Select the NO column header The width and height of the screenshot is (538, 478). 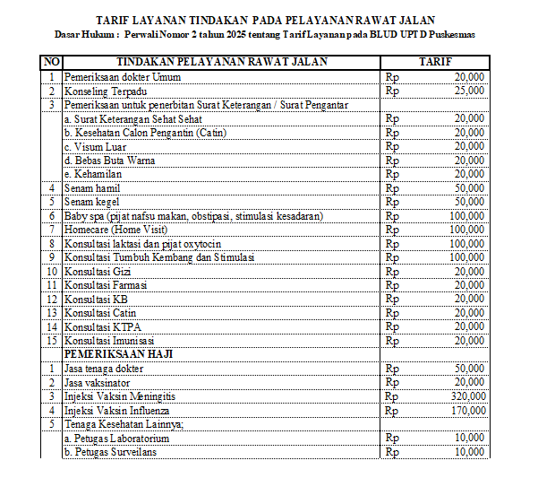(52, 62)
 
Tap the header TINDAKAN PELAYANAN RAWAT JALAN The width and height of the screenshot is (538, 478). (222, 62)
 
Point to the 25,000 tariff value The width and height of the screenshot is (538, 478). (469, 91)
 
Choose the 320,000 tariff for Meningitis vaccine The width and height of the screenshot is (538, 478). (469, 395)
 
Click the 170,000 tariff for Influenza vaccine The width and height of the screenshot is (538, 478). (469, 410)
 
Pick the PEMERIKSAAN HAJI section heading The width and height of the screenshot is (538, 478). (118, 354)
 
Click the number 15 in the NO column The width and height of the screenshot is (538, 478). (52, 341)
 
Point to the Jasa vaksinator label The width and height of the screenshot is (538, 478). (101, 382)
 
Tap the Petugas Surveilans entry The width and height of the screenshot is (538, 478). (112, 452)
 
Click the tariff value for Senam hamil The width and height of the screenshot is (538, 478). (469, 187)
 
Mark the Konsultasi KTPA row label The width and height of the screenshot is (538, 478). (103, 326)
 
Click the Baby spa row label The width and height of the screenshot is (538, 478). (192, 215)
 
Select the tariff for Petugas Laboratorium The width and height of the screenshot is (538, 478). (469, 438)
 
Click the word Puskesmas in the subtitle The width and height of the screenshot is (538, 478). (454, 34)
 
